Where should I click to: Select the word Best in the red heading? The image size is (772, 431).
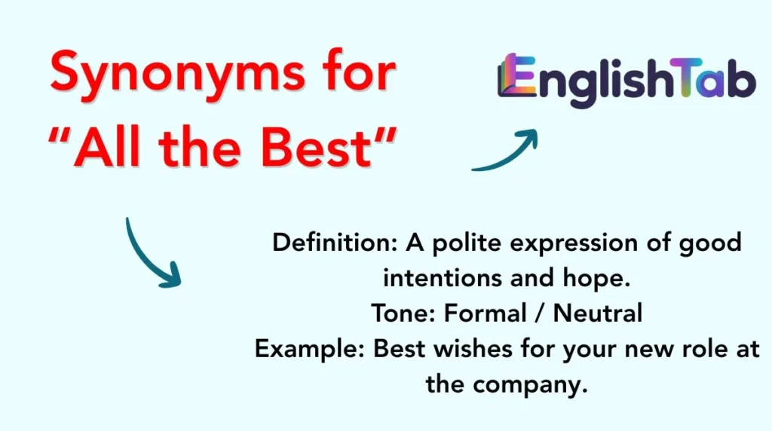[324, 151]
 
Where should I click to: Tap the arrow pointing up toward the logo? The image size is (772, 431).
[506, 151]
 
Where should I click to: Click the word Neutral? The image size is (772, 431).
[598, 313]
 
